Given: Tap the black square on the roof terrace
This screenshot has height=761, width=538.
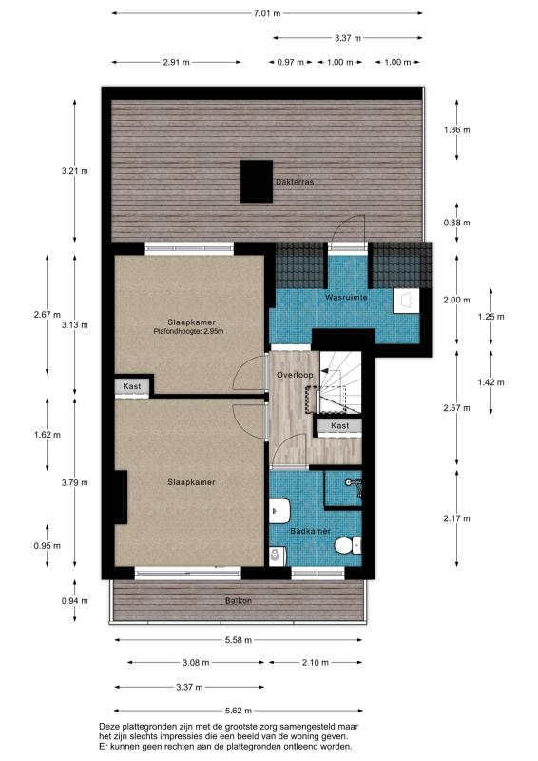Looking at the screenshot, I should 256,181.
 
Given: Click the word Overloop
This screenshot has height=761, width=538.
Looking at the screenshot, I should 295,375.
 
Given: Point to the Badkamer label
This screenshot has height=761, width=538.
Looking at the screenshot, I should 310,531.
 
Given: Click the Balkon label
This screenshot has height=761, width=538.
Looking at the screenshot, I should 239,600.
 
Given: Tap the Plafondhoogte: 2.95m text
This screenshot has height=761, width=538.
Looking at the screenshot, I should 188,331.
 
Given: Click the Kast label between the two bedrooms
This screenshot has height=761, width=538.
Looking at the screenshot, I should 130,386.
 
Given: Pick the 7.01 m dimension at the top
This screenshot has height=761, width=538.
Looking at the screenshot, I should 267,13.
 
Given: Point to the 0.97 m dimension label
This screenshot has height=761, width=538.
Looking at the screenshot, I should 290,62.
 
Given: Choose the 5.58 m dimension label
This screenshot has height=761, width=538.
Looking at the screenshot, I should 239,639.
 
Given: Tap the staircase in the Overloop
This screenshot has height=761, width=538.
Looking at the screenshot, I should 337,381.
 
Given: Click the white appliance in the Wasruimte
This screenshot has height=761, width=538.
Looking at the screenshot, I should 407,301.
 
